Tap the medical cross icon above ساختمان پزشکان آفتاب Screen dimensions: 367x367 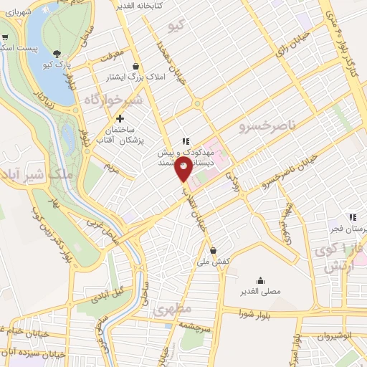pyautogui.click(x=120, y=118)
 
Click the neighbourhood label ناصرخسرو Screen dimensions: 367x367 pyautogui.click(x=266, y=127)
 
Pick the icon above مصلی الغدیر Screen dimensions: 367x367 pyautogui.click(x=259, y=281)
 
